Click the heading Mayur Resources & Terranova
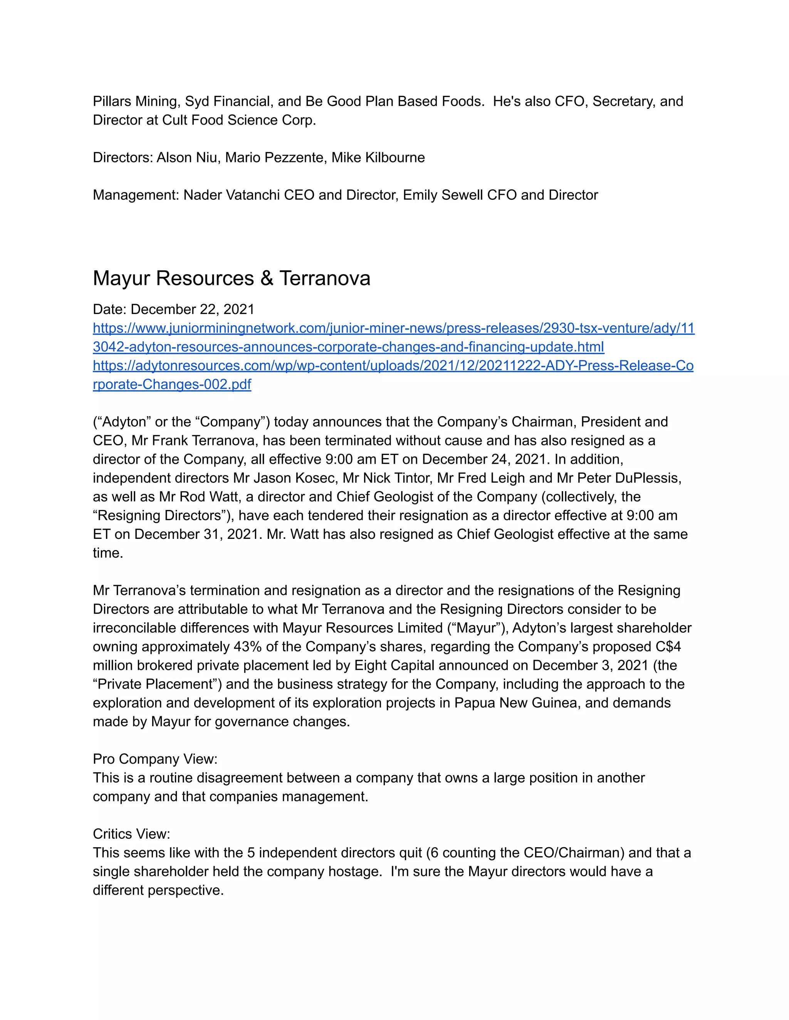point(232,278)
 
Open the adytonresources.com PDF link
point(393,366)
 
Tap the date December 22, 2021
point(192,309)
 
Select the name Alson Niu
point(186,157)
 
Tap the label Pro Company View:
point(155,759)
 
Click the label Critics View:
point(131,834)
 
